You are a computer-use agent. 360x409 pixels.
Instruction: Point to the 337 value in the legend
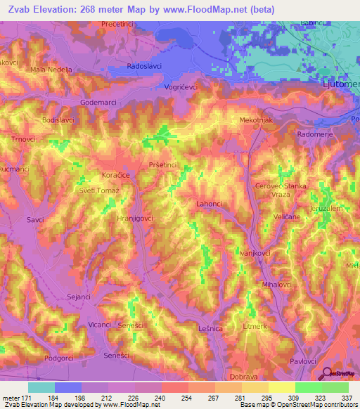pyautogui.click(x=347, y=398)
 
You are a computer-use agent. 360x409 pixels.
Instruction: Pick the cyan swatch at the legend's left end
pyautogui.click(x=41, y=387)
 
